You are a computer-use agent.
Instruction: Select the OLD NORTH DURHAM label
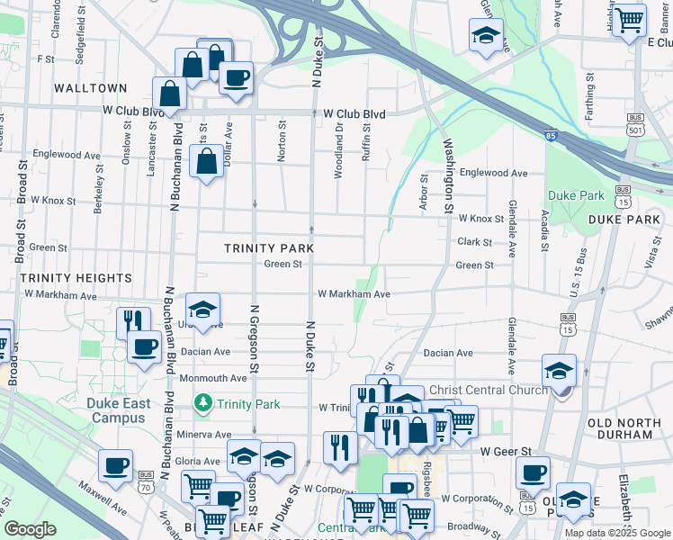(x=631, y=428)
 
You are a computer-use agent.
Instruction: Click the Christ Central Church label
(x=489, y=390)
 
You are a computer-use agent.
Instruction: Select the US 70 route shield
(x=146, y=480)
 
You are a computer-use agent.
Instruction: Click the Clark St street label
(x=474, y=242)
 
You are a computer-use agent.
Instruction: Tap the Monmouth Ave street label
(x=212, y=379)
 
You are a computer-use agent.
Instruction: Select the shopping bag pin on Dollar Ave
(x=207, y=162)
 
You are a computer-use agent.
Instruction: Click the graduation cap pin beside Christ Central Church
(x=559, y=371)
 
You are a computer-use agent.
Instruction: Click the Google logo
(x=31, y=530)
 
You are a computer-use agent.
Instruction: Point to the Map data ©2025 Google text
(x=617, y=533)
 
